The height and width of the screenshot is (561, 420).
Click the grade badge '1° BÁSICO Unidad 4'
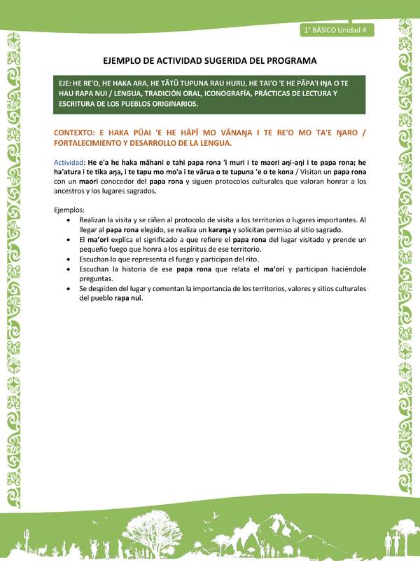[x=337, y=29]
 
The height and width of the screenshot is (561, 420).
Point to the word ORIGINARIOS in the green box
[x=169, y=104]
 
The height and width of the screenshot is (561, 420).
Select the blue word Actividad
[x=69, y=161]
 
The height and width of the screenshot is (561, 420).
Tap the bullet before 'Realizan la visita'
[x=66, y=219]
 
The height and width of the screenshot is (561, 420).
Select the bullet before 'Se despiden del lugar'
[x=66, y=288]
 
